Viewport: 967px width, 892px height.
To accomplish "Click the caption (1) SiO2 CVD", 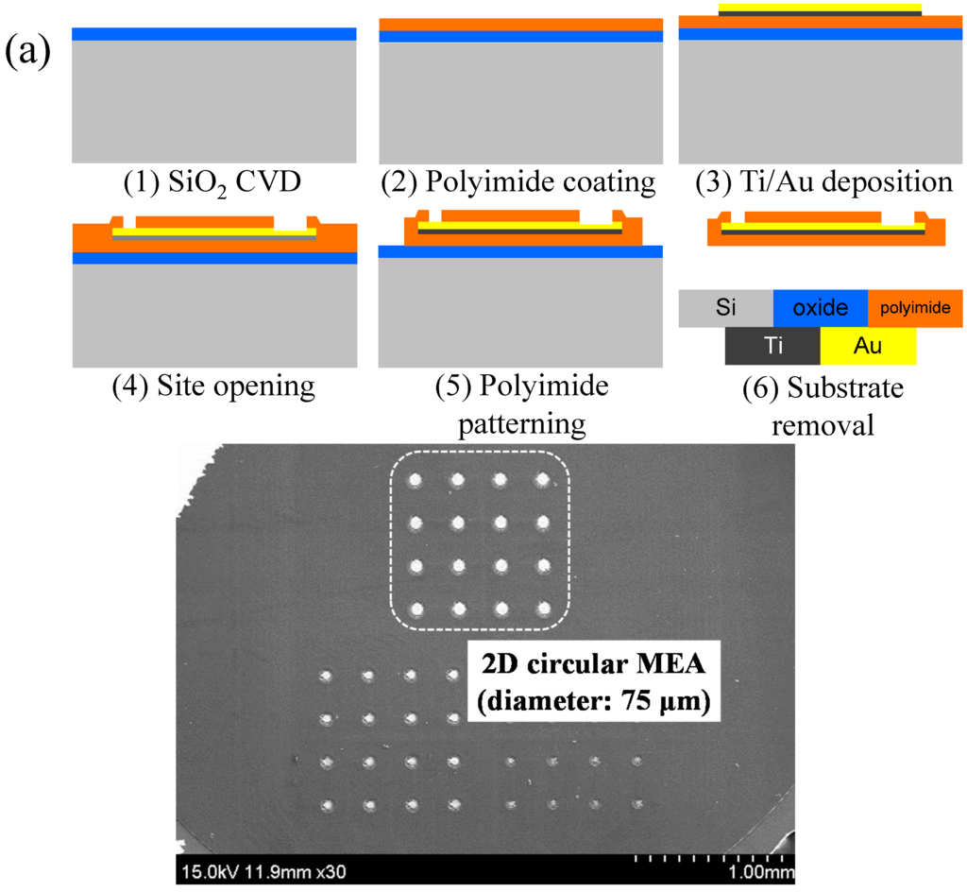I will click(x=214, y=181).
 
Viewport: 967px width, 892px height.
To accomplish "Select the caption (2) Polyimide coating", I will click(x=517, y=181).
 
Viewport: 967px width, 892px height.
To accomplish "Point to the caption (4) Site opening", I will click(x=213, y=386).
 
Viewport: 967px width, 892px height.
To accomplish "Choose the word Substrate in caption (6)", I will click(x=822, y=388).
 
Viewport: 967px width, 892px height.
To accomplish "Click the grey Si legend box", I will click(x=725, y=308).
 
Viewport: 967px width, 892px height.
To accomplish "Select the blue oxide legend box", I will click(x=820, y=308).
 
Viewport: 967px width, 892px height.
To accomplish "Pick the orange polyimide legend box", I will click(x=915, y=308).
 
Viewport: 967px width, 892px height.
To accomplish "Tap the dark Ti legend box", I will click(x=772, y=346).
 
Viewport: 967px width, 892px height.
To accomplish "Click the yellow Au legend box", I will click(x=867, y=346).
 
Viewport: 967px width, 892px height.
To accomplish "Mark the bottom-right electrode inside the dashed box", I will click(x=543, y=609).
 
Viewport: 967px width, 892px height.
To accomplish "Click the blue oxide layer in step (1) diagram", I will click(x=214, y=34).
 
